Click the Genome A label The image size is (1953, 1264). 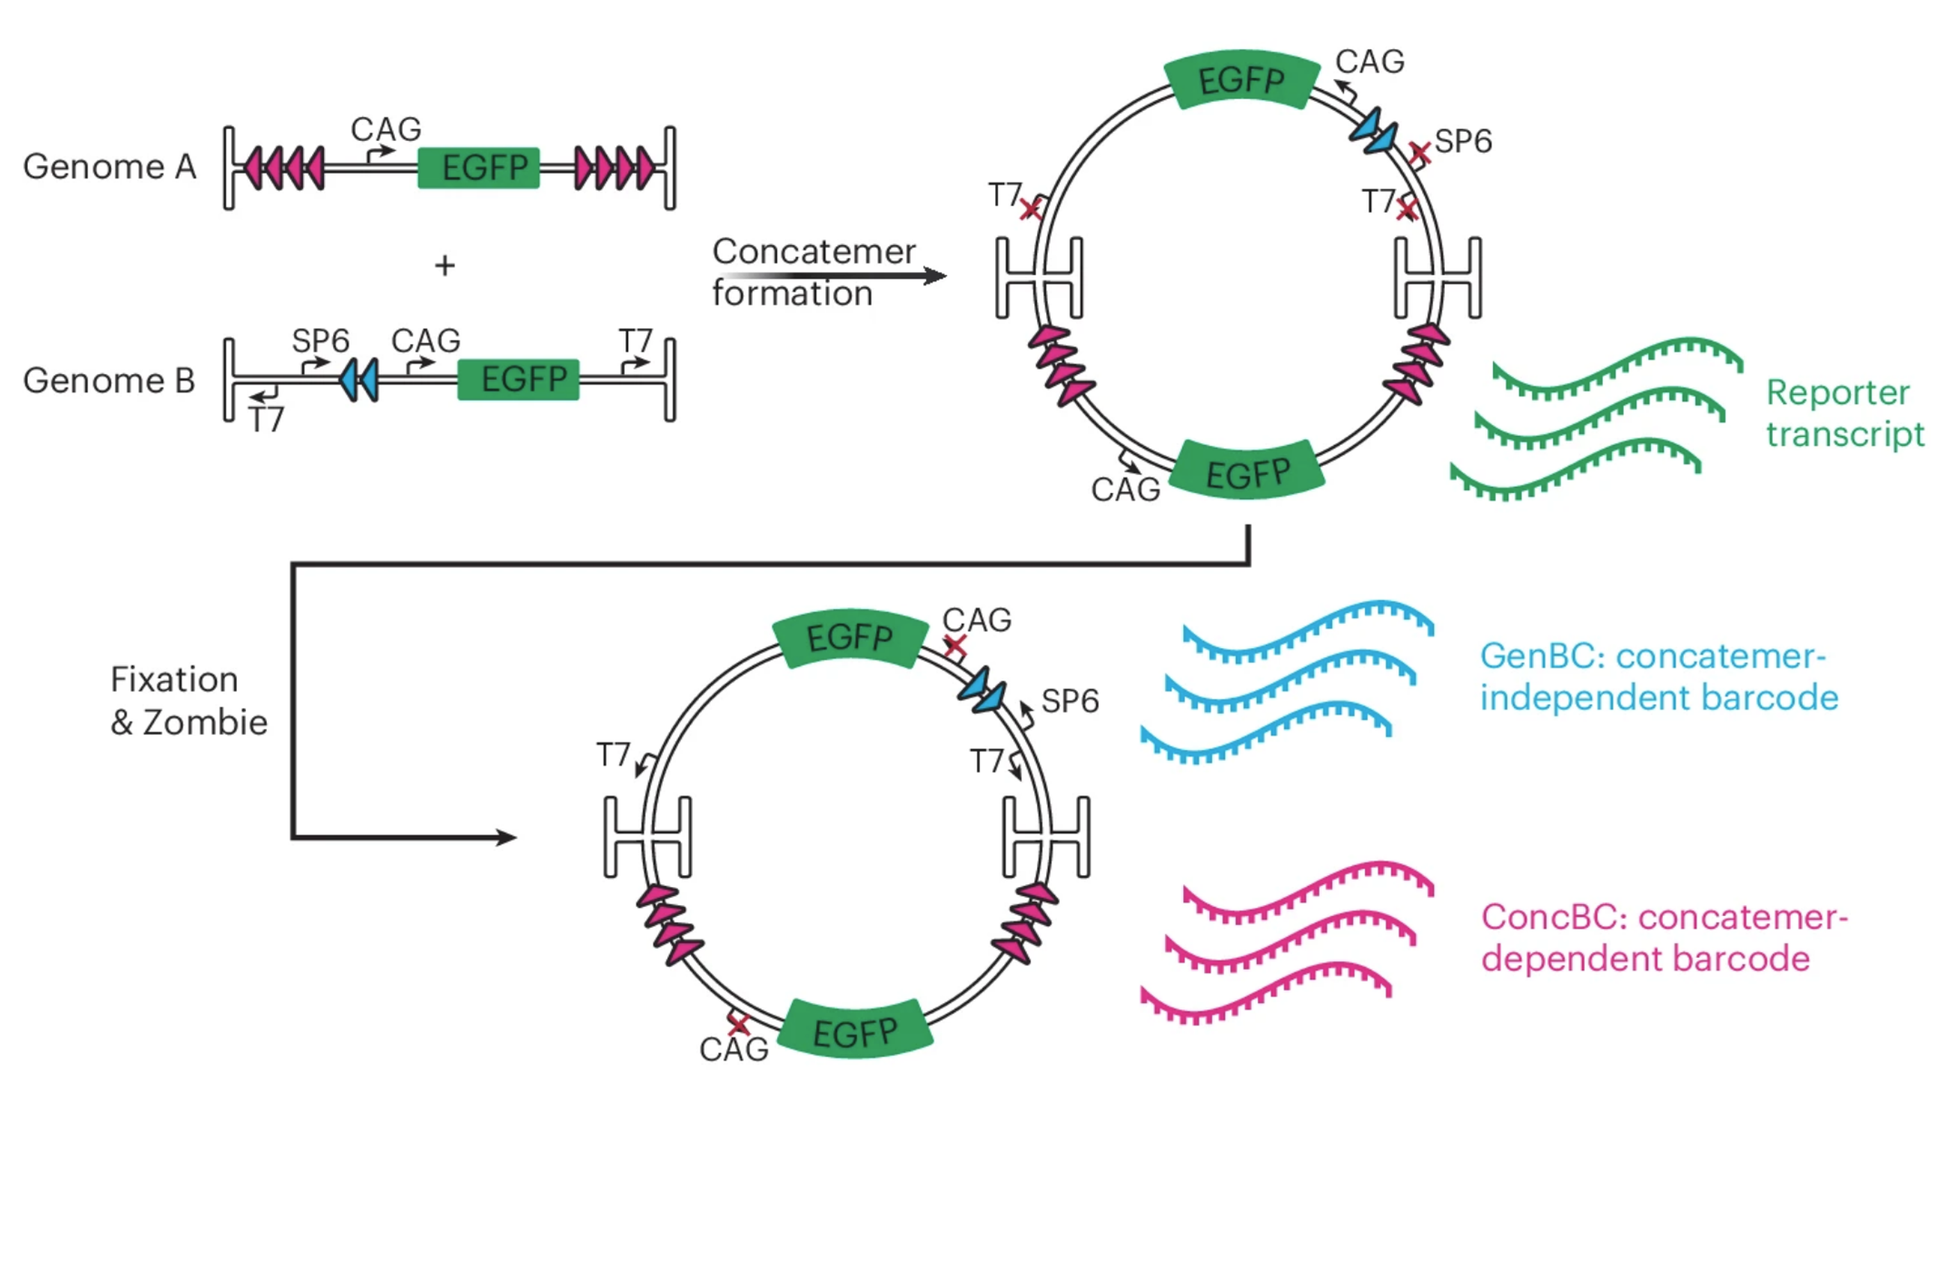click(x=109, y=167)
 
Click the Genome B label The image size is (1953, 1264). click(x=109, y=381)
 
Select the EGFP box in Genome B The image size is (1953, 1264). click(x=518, y=380)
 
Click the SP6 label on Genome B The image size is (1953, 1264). click(x=320, y=340)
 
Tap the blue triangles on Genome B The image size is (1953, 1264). click(x=359, y=380)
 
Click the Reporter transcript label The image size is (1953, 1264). click(x=1845, y=413)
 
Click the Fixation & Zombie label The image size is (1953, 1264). click(x=189, y=701)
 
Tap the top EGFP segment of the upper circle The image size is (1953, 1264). click(x=1241, y=80)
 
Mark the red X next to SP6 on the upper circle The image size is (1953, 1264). click(x=1420, y=151)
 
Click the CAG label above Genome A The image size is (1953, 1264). click(x=386, y=128)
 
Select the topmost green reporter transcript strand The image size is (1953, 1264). click(x=1617, y=367)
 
